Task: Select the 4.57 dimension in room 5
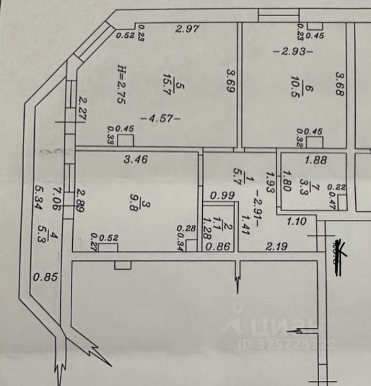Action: pyautogui.click(x=163, y=119)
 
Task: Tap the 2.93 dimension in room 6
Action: pyautogui.click(x=293, y=51)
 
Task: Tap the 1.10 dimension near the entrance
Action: pyautogui.click(x=296, y=222)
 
